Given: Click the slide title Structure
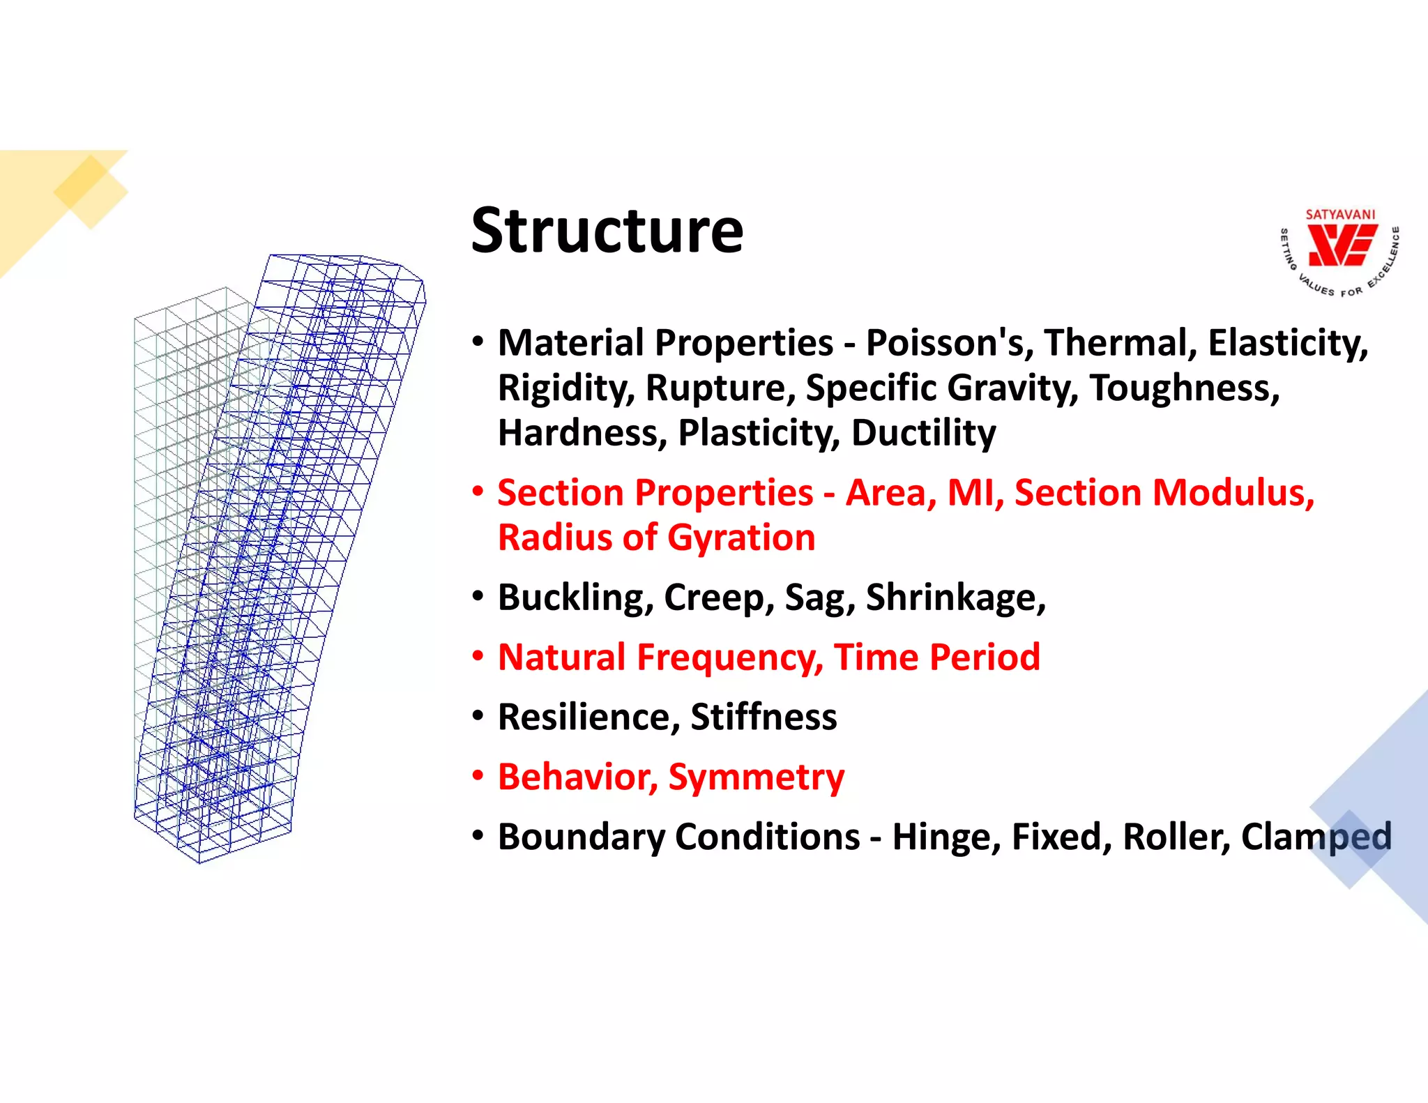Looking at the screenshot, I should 607,231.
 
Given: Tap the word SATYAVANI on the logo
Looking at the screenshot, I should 1340,215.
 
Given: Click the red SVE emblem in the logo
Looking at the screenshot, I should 1340,248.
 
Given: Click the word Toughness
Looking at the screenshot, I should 1185,388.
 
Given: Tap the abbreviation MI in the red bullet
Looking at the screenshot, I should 974,493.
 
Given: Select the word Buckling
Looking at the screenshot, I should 575,598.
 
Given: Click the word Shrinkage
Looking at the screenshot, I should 955,598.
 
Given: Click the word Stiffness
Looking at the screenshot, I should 764,717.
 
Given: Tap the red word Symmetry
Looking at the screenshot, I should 756,777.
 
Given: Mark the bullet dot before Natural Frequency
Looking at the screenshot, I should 478,657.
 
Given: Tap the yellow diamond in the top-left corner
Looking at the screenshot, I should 91,191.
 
